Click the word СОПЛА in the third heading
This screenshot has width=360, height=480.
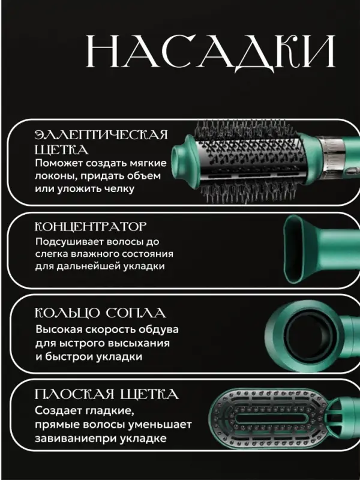(140, 313)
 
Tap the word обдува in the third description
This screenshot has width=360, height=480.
(157, 330)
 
